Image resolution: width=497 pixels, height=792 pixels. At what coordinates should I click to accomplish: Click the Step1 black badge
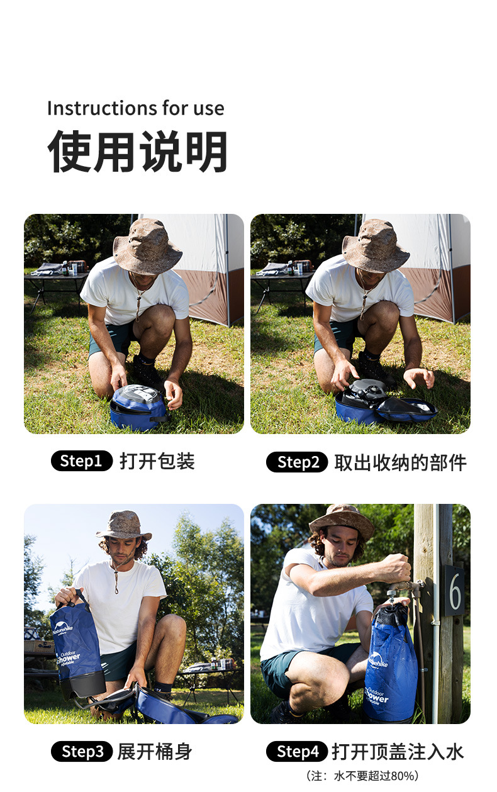82,461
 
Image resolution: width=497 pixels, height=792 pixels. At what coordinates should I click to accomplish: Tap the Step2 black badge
298,462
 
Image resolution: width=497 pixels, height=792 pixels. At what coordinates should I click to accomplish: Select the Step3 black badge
82,752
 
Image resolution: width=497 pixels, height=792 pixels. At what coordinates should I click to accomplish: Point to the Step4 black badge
298,752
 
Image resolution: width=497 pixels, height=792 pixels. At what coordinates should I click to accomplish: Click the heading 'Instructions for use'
136,108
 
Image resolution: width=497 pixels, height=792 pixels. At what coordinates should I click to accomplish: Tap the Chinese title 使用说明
138,152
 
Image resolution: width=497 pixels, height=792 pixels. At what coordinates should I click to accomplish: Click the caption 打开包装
157,461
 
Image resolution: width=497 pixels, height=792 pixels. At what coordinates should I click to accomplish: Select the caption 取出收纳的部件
401,462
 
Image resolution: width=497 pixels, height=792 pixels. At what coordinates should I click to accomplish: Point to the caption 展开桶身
155,752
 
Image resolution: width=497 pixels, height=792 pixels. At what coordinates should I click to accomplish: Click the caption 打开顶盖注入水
398,752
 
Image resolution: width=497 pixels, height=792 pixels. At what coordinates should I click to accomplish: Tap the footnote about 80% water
362,776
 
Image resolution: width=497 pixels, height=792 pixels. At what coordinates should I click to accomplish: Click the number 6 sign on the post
454,591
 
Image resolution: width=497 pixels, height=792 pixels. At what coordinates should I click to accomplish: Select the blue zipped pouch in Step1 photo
138,408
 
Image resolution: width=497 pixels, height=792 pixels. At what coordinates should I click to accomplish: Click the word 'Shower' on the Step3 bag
68,657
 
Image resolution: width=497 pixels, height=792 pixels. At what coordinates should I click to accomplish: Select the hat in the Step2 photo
376,246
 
